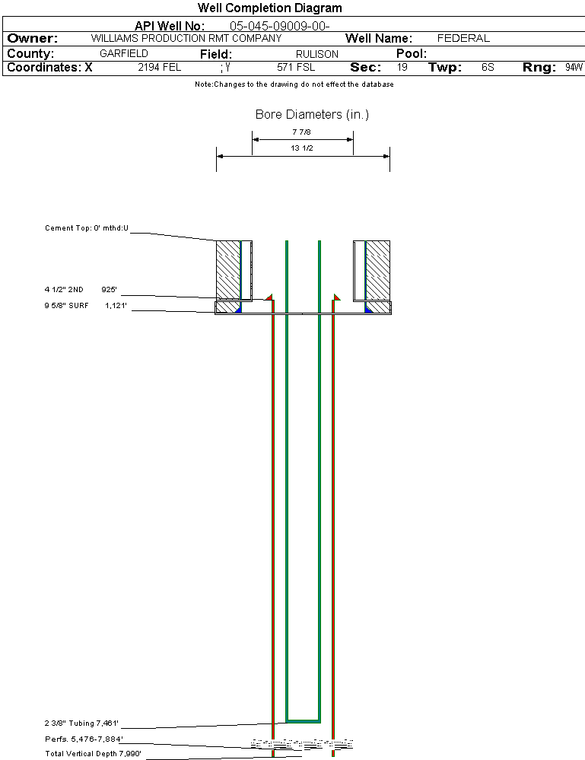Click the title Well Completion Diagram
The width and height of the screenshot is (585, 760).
pyautogui.click(x=269, y=8)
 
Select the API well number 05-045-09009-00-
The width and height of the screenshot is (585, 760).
pyautogui.click(x=280, y=26)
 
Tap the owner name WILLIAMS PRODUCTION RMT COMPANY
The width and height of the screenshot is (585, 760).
pyautogui.click(x=186, y=38)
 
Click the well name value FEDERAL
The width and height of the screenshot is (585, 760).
pyautogui.click(x=463, y=38)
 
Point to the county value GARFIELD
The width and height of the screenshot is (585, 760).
pyautogui.click(x=124, y=54)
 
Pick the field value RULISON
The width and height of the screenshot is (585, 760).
pyautogui.click(x=317, y=54)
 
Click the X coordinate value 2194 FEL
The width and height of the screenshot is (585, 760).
pyautogui.click(x=160, y=68)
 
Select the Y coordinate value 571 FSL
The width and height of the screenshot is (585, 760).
pyautogui.click(x=296, y=68)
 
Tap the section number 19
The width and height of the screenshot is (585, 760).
pyautogui.click(x=402, y=68)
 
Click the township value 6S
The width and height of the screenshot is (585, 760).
pyautogui.click(x=488, y=68)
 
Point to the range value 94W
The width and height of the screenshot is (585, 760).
pyautogui.click(x=574, y=68)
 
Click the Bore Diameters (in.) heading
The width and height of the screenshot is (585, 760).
pyautogui.click(x=312, y=114)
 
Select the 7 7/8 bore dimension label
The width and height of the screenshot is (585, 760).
pyautogui.click(x=301, y=132)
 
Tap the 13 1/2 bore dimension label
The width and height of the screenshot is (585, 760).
pyautogui.click(x=302, y=148)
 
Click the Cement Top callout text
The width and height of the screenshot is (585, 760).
pyautogui.click(x=87, y=227)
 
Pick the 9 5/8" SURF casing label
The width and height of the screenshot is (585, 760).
pyautogui.click(x=86, y=305)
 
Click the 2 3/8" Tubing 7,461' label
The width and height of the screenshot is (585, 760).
pyautogui.click(x=81, y=723)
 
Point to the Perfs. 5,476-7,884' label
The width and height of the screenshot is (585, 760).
pyautogui.click(x=84, y=739)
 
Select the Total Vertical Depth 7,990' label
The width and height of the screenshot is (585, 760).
pyautogui.click(x=93, y=754)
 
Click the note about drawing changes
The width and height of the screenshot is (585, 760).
pyautogui.click(x=294, y=84)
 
